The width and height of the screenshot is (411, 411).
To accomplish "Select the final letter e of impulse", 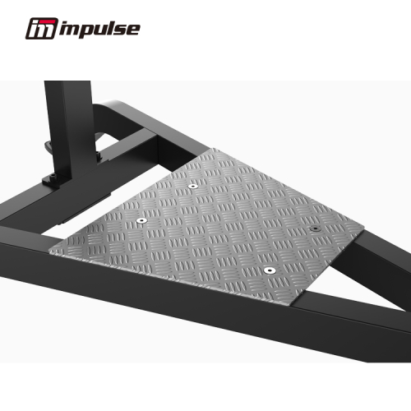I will (133, 30).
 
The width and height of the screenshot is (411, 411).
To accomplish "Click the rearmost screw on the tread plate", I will (193, 187).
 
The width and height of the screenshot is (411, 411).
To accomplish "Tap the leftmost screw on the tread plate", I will (142, 221).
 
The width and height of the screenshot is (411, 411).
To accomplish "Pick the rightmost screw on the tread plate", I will (316, 229).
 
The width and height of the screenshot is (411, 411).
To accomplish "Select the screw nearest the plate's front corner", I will (269, 269).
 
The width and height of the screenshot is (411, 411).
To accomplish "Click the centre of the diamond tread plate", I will (214, 222).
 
